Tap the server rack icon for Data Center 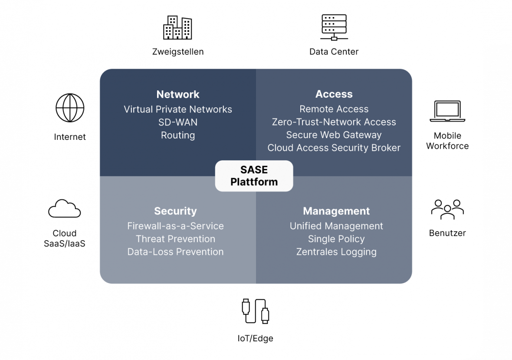(x=334, y=27)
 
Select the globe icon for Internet (x=70, y=108)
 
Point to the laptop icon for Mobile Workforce (x=447, y=112)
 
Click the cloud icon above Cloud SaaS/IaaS (x=64, y=208)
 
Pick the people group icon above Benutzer (x=447, y=209)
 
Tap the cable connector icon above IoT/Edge (x=256, y=310)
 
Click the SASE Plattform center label (x=254, y=176)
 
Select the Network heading (x=178, y=94)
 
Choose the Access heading (x=334, y=94)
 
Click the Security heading (x=175, y=211)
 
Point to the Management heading (x=336, y=211)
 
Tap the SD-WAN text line (x=178, y=122)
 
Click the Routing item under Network (x=178, y=135)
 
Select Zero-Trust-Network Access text (x=334, y=122)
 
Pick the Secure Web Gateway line (x=334, y=135)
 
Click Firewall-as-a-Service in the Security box (x=175, y=226)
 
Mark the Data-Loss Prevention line (x=175, y=252)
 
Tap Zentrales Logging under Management (x=336, y=252)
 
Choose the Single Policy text (x=336, y=239)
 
